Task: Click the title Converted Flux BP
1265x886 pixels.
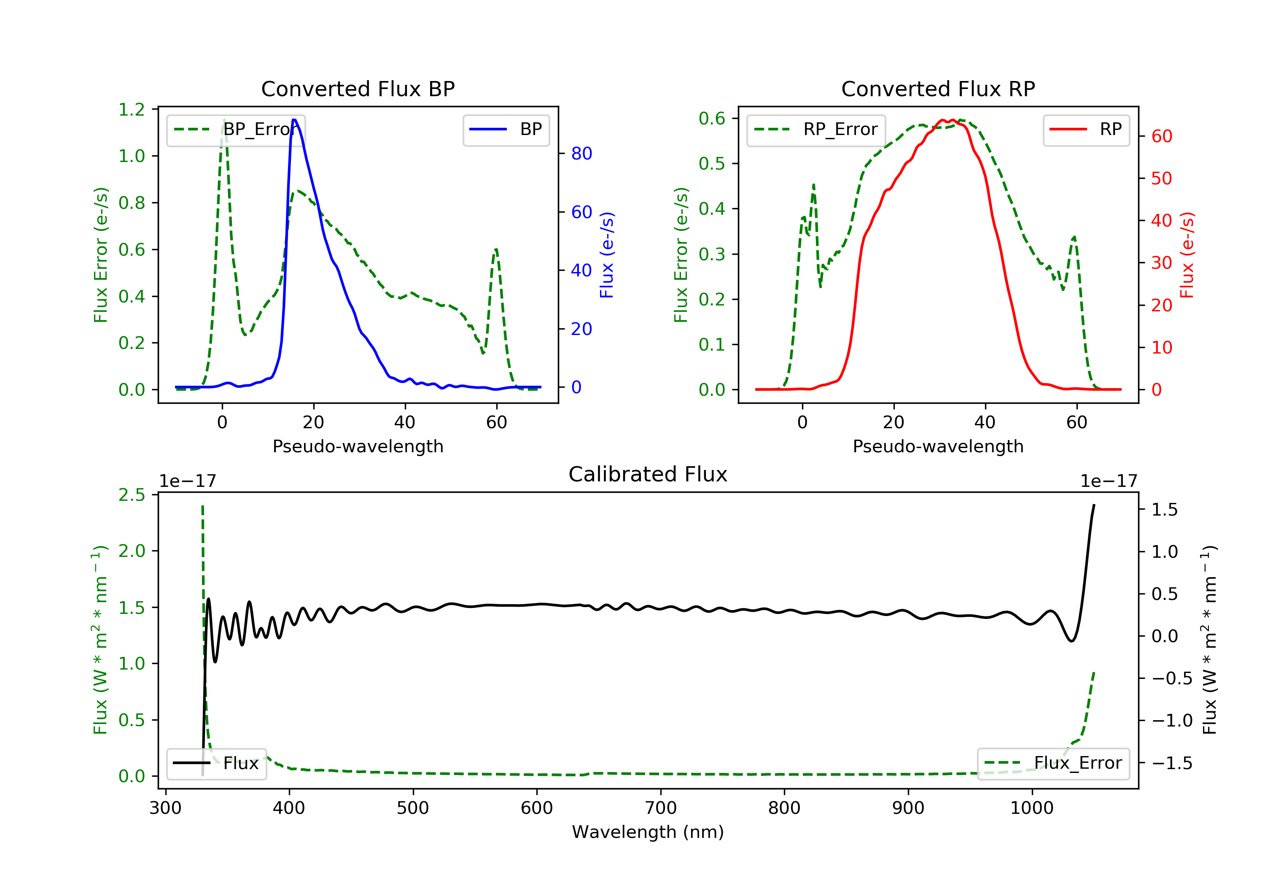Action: pyautogui.click(x=358, y=89)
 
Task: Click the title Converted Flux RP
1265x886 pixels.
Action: pyautogui.click(x=938, y=89)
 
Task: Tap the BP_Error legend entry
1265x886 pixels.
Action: pyautogui.click(x=236, y=130)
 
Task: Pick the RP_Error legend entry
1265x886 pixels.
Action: pyautogui.click(x=816, y=130)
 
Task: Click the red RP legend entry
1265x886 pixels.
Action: pyautogui.click(x=1086, y=130)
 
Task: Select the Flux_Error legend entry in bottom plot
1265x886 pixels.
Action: pyautogui.click(x=1053, y=763)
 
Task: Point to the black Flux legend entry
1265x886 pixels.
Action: pyautogui.click(x=216, y=763)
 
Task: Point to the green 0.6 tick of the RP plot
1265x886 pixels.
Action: pyautogui.click(x=712, y=119)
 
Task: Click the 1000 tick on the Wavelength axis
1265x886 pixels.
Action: pyautogui.click(x=1031, y=808)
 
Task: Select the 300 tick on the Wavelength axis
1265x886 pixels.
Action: pyautogui.click(x=165, y=808)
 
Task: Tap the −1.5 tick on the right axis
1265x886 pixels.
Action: pyautogui.click(x=1171, y=763)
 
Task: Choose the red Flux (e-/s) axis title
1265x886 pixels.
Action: pyautogui.click(x=1186, y=255)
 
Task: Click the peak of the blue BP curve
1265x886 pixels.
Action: pyautogui.click(x=294, y=120)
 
